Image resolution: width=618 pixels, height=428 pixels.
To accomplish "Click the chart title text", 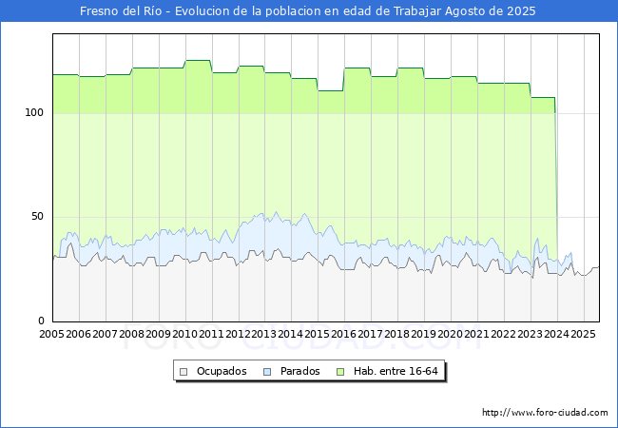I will [308, 11].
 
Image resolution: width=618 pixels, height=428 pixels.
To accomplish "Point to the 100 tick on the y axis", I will [34, 112].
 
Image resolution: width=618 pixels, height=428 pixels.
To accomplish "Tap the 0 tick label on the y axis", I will [41, 321].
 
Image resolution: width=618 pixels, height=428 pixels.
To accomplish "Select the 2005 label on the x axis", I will [51, 335].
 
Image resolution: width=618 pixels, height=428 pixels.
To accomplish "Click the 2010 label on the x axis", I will [184, 335].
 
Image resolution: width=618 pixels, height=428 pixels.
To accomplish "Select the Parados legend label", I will [299, 371].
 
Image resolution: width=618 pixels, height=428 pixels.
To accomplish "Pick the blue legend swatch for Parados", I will [268, 371].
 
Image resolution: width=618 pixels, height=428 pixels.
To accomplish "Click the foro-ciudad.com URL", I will [545, 413].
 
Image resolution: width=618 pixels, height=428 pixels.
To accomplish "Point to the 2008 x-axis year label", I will [131, 335].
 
